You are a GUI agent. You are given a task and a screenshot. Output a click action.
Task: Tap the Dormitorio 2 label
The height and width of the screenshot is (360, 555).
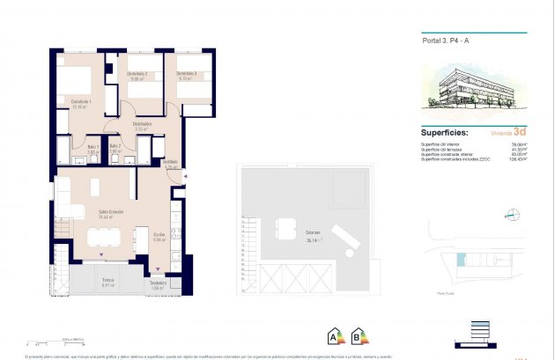136,74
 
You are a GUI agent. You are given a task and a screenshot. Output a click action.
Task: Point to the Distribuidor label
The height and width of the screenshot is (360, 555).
144,126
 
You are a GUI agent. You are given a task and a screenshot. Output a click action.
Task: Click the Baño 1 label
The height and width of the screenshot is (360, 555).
93,149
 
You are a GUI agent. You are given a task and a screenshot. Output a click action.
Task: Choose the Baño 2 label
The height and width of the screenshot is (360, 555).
115,149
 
